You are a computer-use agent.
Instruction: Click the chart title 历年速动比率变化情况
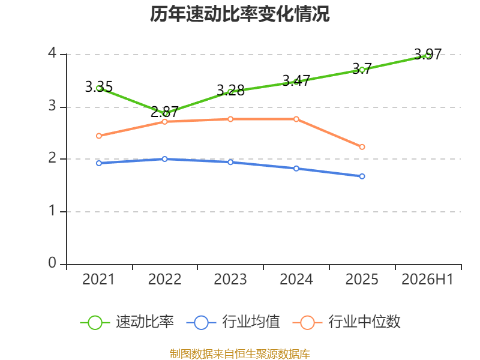click(x=239, y=14)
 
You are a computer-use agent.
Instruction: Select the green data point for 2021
click(x=99, y=88)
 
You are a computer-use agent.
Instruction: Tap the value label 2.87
click(x=164, y=112)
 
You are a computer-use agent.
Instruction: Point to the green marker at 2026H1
click(x=428, y=56)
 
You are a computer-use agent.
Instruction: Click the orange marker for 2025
click(x=362, y=147)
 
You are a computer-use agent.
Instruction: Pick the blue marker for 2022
click(x=164, y=159)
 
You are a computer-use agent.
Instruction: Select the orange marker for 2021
click(x=99, y=136)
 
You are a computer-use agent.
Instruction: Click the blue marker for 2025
click(x=362, y=176)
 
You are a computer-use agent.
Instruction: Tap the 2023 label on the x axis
click(x=230, y=279)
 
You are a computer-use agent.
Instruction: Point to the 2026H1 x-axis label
click(x=427, y=279)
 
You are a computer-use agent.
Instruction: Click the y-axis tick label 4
click(x=52, y=53)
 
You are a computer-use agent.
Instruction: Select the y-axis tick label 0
click(x=52, y=263)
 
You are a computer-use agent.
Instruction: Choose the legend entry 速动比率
click(x=127, y=322)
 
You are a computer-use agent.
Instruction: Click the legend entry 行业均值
click(x=233, y=322)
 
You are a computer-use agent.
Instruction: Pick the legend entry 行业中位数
click(x=347, y=322)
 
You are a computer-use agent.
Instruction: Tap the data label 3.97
click(x=428, y=54)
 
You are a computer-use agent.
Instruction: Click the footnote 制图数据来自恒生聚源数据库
click(x=240, y=354)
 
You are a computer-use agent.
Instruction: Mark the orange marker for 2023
click(x=230, y=119)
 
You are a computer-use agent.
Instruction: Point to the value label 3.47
click(x=296, y=80)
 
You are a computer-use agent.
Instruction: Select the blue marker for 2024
click(x=296, y=169)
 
